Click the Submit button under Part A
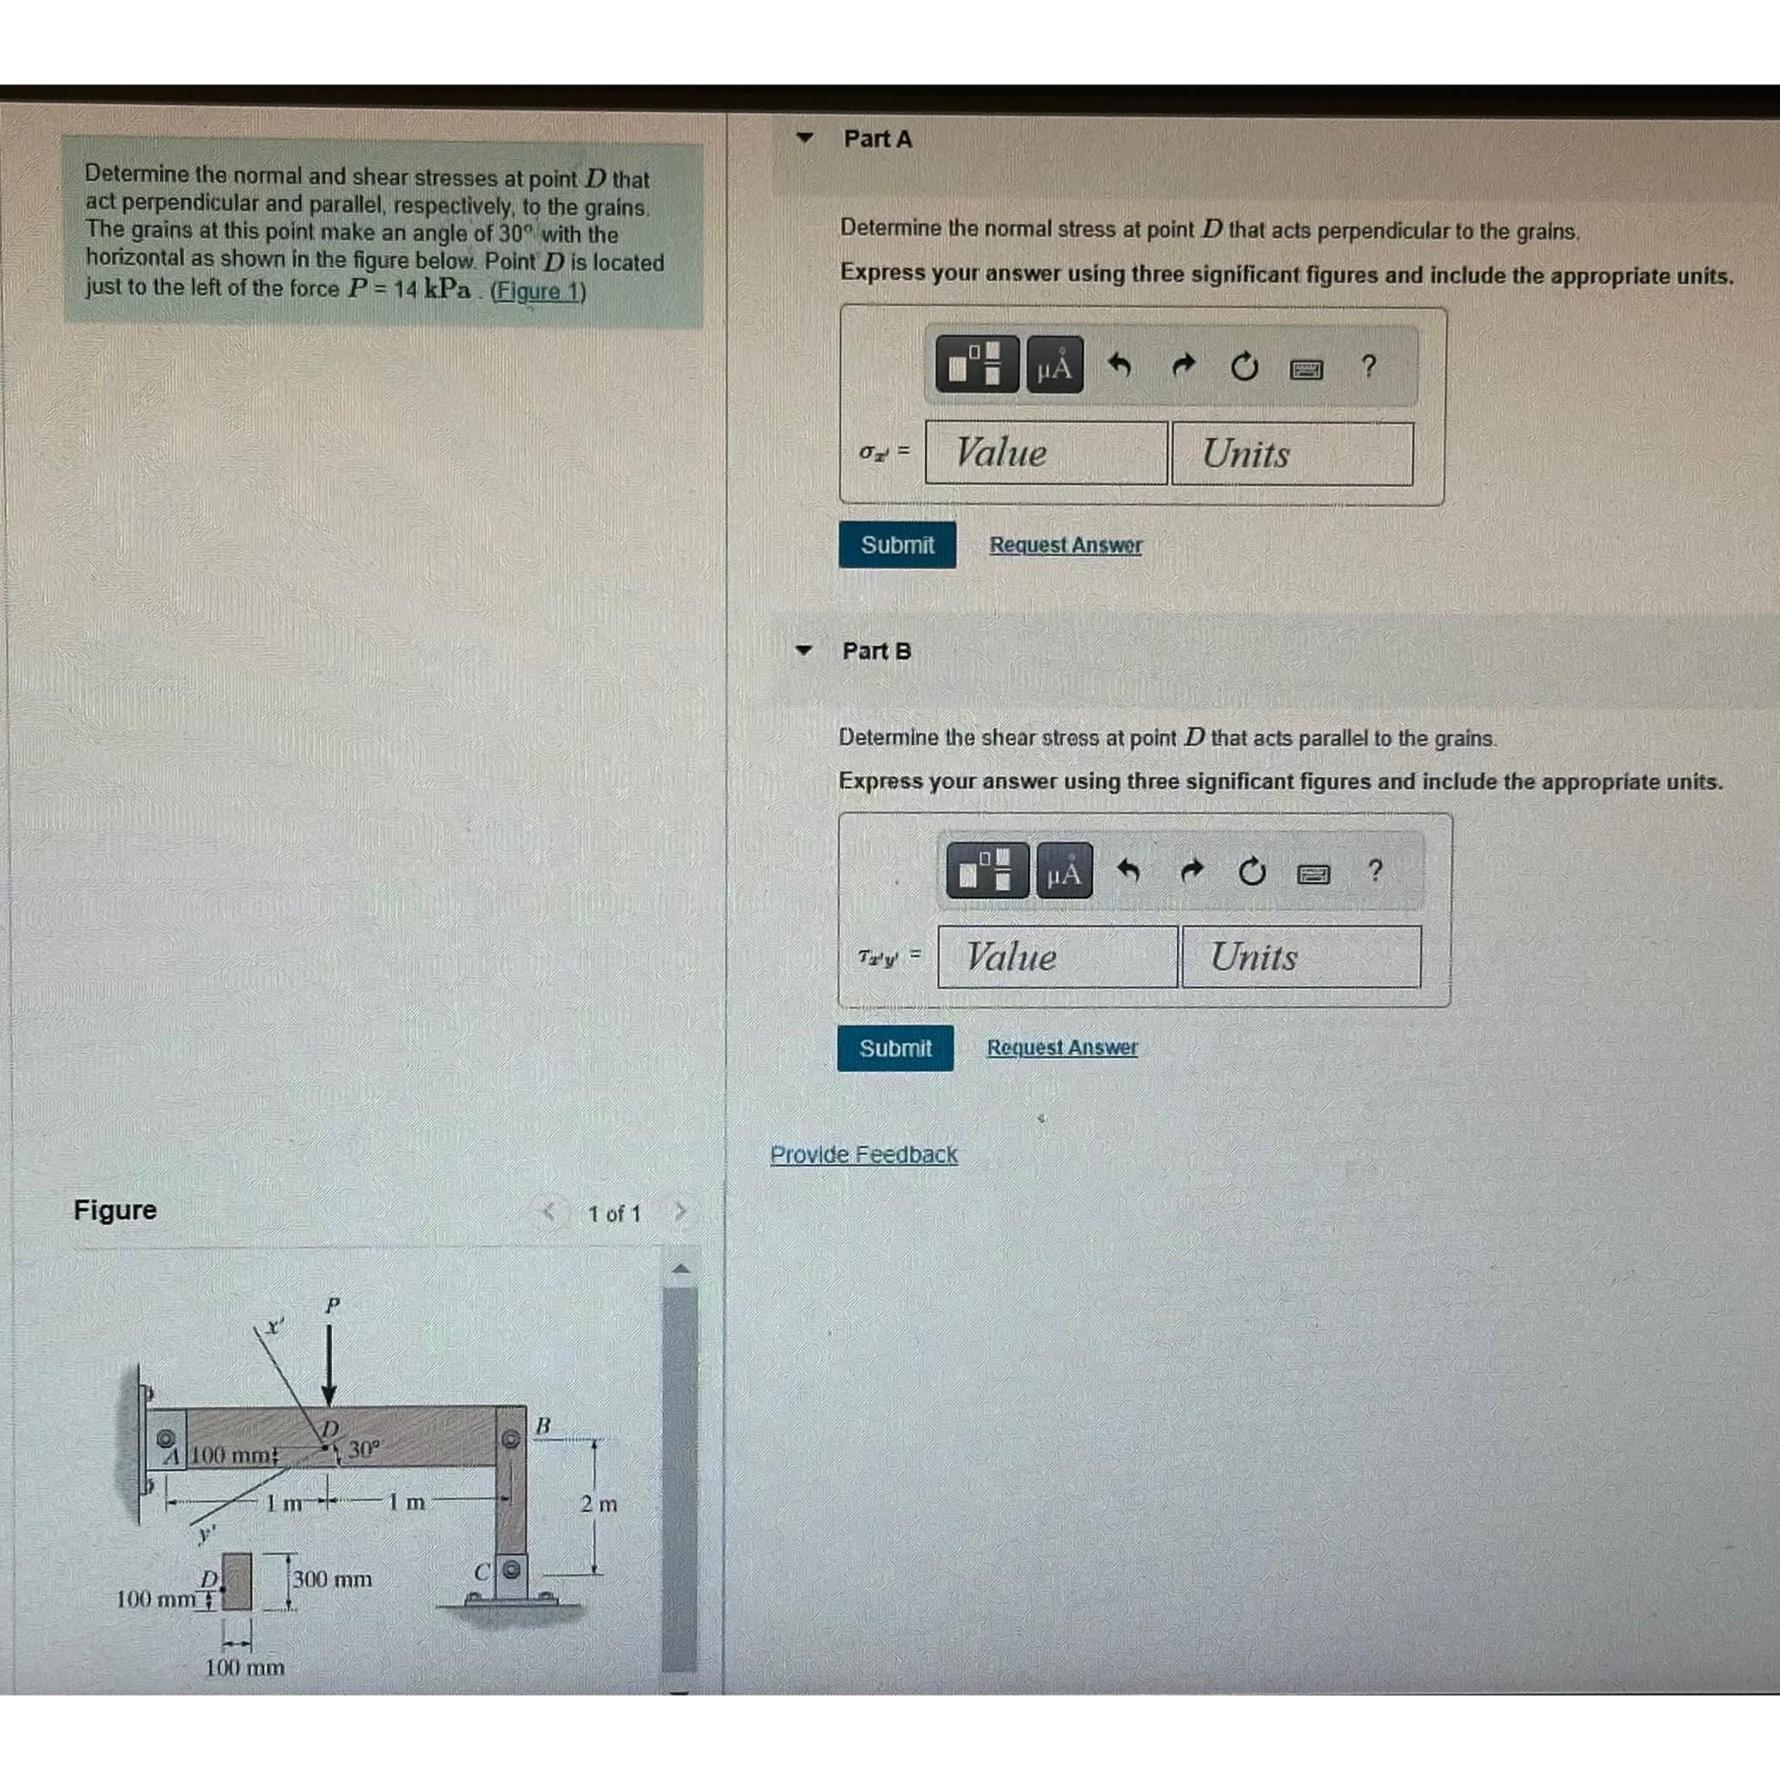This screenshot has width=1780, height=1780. coord(896,546)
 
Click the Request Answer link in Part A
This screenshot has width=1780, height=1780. coord(1065,546)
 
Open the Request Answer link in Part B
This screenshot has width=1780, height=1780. coord(1061,1047)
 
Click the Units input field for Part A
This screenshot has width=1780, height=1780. coord(1292,455)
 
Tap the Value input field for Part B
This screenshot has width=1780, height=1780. coord(1057,957)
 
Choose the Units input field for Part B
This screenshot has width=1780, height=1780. coord(1300,957)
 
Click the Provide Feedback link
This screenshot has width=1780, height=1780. coord(863,1154)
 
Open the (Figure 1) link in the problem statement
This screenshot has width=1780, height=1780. coord(538,292)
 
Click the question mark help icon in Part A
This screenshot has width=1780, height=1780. coord(1368,367)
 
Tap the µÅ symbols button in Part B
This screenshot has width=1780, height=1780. coord(1064,871)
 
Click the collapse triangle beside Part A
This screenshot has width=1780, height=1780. coord(805,138)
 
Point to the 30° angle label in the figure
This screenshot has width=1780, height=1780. coord(362,1449)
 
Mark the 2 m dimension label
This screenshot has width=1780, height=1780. coord(598,1504)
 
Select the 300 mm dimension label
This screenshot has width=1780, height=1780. coord(333,1579)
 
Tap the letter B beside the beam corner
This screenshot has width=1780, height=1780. coord(542,1425)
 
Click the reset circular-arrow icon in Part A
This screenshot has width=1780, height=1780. coord(1244,368)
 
